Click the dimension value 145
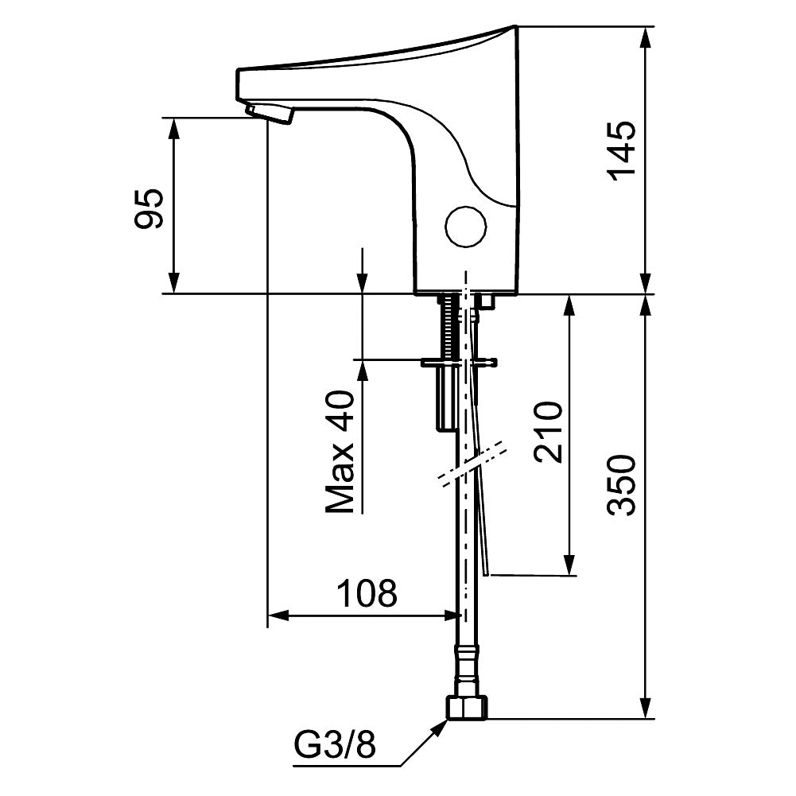point(623,151)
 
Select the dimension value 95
point(149,208)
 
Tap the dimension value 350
point(623,485)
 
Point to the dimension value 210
point(548,432)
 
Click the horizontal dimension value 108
point(367,593)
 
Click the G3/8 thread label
point(334,747)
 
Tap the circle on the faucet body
point(465,226)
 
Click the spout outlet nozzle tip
point(270,114)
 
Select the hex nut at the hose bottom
point(467,706)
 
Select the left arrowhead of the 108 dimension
point(275,615)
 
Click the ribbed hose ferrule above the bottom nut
point(467,669)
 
